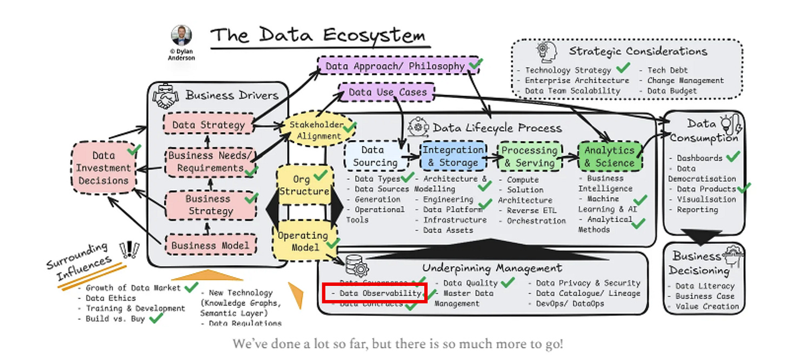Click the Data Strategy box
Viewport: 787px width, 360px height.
pos(208,125)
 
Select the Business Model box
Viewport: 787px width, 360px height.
pos(210,245)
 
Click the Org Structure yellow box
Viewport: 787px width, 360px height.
pos(304,185)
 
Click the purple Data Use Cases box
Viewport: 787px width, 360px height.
pos(387,92)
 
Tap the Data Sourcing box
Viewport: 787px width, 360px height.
pos(375,156)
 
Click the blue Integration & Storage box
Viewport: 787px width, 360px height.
pos(453,156)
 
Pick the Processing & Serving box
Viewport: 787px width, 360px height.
pos(529,156)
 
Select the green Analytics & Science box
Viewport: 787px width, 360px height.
pos(609,156)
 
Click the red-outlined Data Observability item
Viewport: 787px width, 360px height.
pos(376,293)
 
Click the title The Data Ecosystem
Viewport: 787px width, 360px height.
pos(318,36)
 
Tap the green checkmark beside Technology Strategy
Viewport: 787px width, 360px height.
pos(623,69)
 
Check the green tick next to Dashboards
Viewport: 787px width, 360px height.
pos(733,157)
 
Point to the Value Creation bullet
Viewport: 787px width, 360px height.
pos(707,306)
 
